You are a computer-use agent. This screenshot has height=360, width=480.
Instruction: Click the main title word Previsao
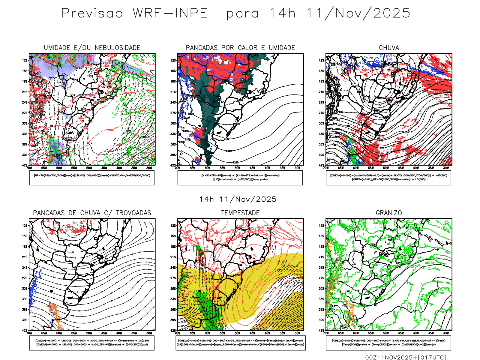(92, 13)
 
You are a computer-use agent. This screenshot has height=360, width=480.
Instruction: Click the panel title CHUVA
(389, 48)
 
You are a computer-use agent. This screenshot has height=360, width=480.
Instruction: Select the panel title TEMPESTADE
(240, 213)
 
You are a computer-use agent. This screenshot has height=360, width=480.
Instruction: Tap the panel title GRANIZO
(389, 213)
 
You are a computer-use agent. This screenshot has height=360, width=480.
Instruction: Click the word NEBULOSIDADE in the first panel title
(117, 48)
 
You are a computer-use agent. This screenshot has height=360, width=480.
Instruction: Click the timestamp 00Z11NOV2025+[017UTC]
(406, 357)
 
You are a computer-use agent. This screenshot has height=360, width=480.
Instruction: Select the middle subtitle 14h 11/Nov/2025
(238, 199)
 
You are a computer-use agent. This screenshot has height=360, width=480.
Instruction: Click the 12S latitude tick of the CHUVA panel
(322, 61)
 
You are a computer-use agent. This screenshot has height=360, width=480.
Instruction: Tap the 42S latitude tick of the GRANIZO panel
(322, 331)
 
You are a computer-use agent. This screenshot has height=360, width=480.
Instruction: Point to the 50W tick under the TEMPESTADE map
(237, 333)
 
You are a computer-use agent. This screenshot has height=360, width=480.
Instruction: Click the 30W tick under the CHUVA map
(446, 168)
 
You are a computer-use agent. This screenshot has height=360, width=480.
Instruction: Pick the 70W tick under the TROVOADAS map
(29, 333)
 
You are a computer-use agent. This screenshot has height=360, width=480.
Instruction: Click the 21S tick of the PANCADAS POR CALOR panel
(173, 92)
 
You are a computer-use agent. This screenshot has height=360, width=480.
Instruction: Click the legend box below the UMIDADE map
(92, 178)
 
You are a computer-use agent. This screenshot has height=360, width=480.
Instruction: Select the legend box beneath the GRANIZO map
(388, 343)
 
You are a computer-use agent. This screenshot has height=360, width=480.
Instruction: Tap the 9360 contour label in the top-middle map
(229, 151)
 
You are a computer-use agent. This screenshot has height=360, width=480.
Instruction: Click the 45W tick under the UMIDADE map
(104, 168)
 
